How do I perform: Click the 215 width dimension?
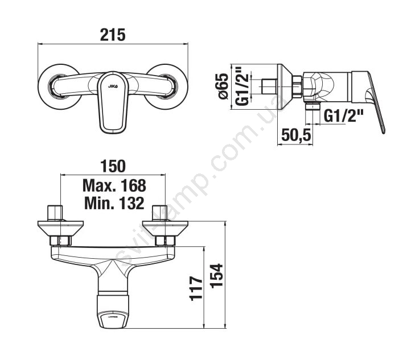113,35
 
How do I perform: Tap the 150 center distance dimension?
113,166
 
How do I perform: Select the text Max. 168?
114,185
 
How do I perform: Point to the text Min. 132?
114,203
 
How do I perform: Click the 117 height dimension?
196,288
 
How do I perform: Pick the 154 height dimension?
216,275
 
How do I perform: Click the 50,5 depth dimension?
296,135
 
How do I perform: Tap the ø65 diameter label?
223,86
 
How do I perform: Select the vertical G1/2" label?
242,86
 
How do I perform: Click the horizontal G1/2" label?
343,116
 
